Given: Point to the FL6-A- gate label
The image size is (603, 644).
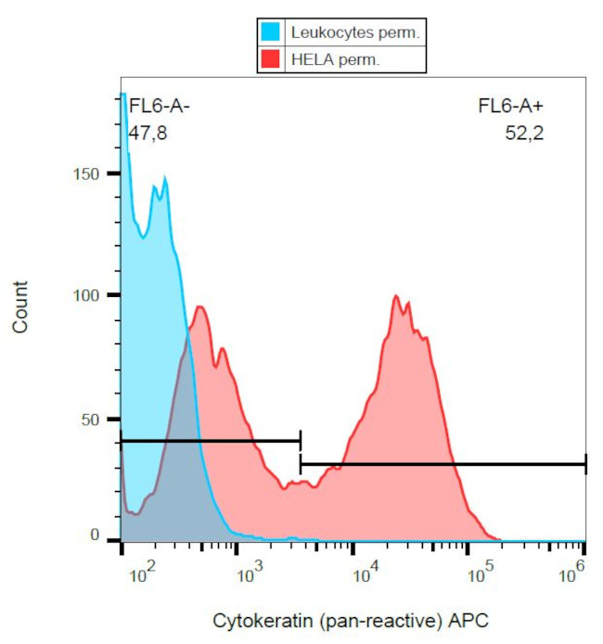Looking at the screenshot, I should tap(159, 108).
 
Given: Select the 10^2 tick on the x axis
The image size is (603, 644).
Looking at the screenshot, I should tap(140, 576).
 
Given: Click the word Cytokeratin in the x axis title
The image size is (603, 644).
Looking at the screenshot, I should tap(253, 620).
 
